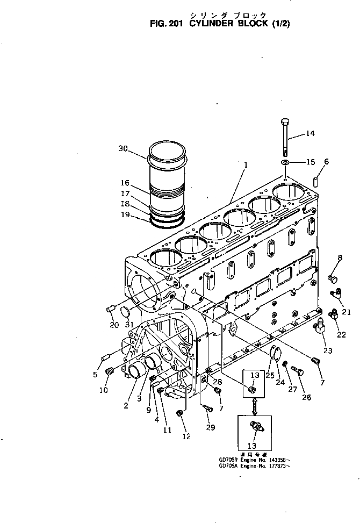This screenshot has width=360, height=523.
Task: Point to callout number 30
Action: [x=123, y=149]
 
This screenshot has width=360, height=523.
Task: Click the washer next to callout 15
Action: [x=285, y=162]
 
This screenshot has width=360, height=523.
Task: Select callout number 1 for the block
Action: [x=245, y=166]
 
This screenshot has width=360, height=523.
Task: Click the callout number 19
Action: [x=125, y=215]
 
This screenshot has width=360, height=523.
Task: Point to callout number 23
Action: [x=328, y=350]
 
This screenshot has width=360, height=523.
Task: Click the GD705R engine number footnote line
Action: [x=254, y=460]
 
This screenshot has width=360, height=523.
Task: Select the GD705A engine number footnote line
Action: [x=254, y=465]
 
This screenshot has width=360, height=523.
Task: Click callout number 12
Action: [x=186, y=436]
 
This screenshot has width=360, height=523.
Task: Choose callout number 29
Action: [x=210, y=427]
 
